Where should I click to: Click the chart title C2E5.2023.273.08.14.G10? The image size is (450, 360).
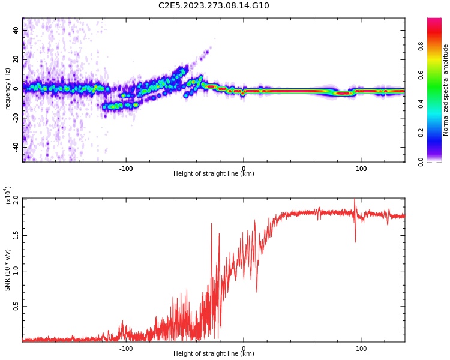point(214,6)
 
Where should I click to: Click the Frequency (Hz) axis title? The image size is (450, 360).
point(8,90)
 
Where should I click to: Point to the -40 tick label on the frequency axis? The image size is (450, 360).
point(15,146)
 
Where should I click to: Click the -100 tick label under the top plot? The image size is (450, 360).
point(125,169)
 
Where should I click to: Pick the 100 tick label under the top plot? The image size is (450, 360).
point(361,169)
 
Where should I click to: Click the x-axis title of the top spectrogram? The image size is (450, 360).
point(214,174)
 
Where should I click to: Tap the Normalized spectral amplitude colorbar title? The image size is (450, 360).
point(446,90)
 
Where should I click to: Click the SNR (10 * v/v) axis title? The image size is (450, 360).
point(8,270)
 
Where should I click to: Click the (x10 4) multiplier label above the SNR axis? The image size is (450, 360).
point(8,195)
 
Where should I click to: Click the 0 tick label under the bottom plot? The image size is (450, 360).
point(244,349)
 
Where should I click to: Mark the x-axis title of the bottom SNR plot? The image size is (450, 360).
point(214,354)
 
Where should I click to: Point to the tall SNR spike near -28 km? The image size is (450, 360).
point(211,225)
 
